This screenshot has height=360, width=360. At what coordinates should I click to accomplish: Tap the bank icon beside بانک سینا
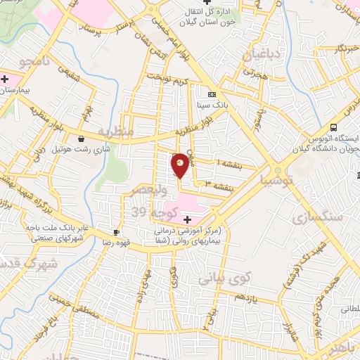coord(212,94)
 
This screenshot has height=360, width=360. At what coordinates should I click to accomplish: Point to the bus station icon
coord(334,127)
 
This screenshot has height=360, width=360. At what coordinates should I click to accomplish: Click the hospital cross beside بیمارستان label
coord(5,79)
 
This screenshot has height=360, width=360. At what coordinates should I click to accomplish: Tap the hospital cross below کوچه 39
coord(186,219)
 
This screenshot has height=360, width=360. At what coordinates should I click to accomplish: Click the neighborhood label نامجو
coord(34,62)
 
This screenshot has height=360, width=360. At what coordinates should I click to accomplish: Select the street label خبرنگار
coord(330,49)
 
